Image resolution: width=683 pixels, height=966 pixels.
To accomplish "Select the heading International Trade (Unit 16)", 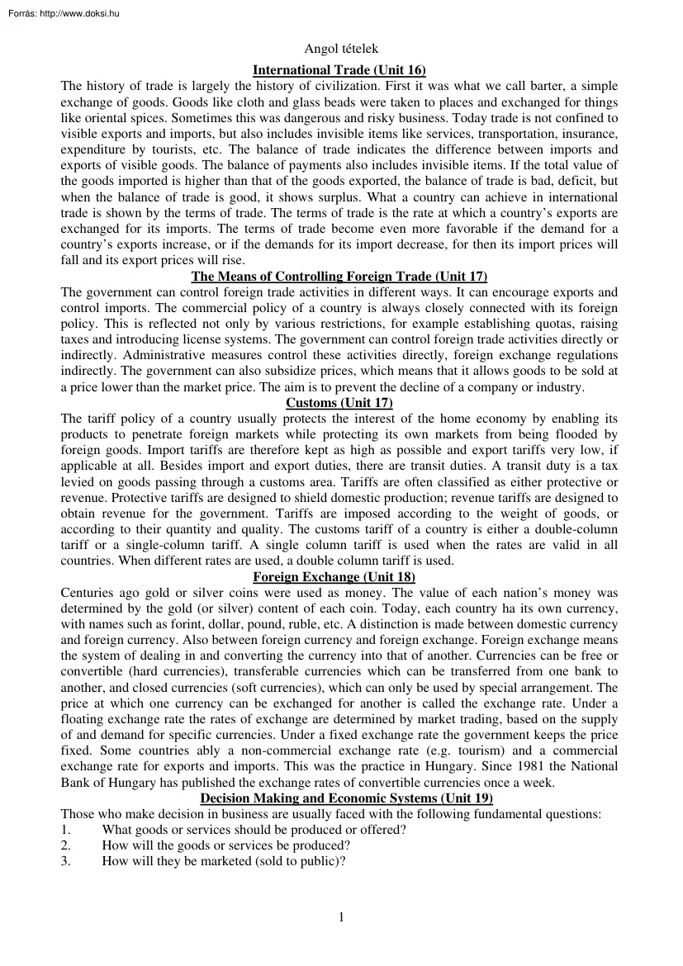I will tap(339, 70).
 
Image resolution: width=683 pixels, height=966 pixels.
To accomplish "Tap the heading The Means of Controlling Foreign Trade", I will tap(339, 277).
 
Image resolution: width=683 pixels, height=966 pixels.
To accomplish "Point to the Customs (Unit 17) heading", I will tap(339, 403).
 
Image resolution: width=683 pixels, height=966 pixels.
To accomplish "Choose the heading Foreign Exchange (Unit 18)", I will tap(339, 576).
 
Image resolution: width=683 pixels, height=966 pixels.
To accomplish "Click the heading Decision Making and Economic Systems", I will tap(339, 798).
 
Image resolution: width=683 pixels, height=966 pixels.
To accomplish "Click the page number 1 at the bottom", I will tap(340, 916).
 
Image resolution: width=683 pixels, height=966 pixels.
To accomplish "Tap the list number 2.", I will tap(65, 845).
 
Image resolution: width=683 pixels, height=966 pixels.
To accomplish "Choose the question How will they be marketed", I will tap(223, 861).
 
